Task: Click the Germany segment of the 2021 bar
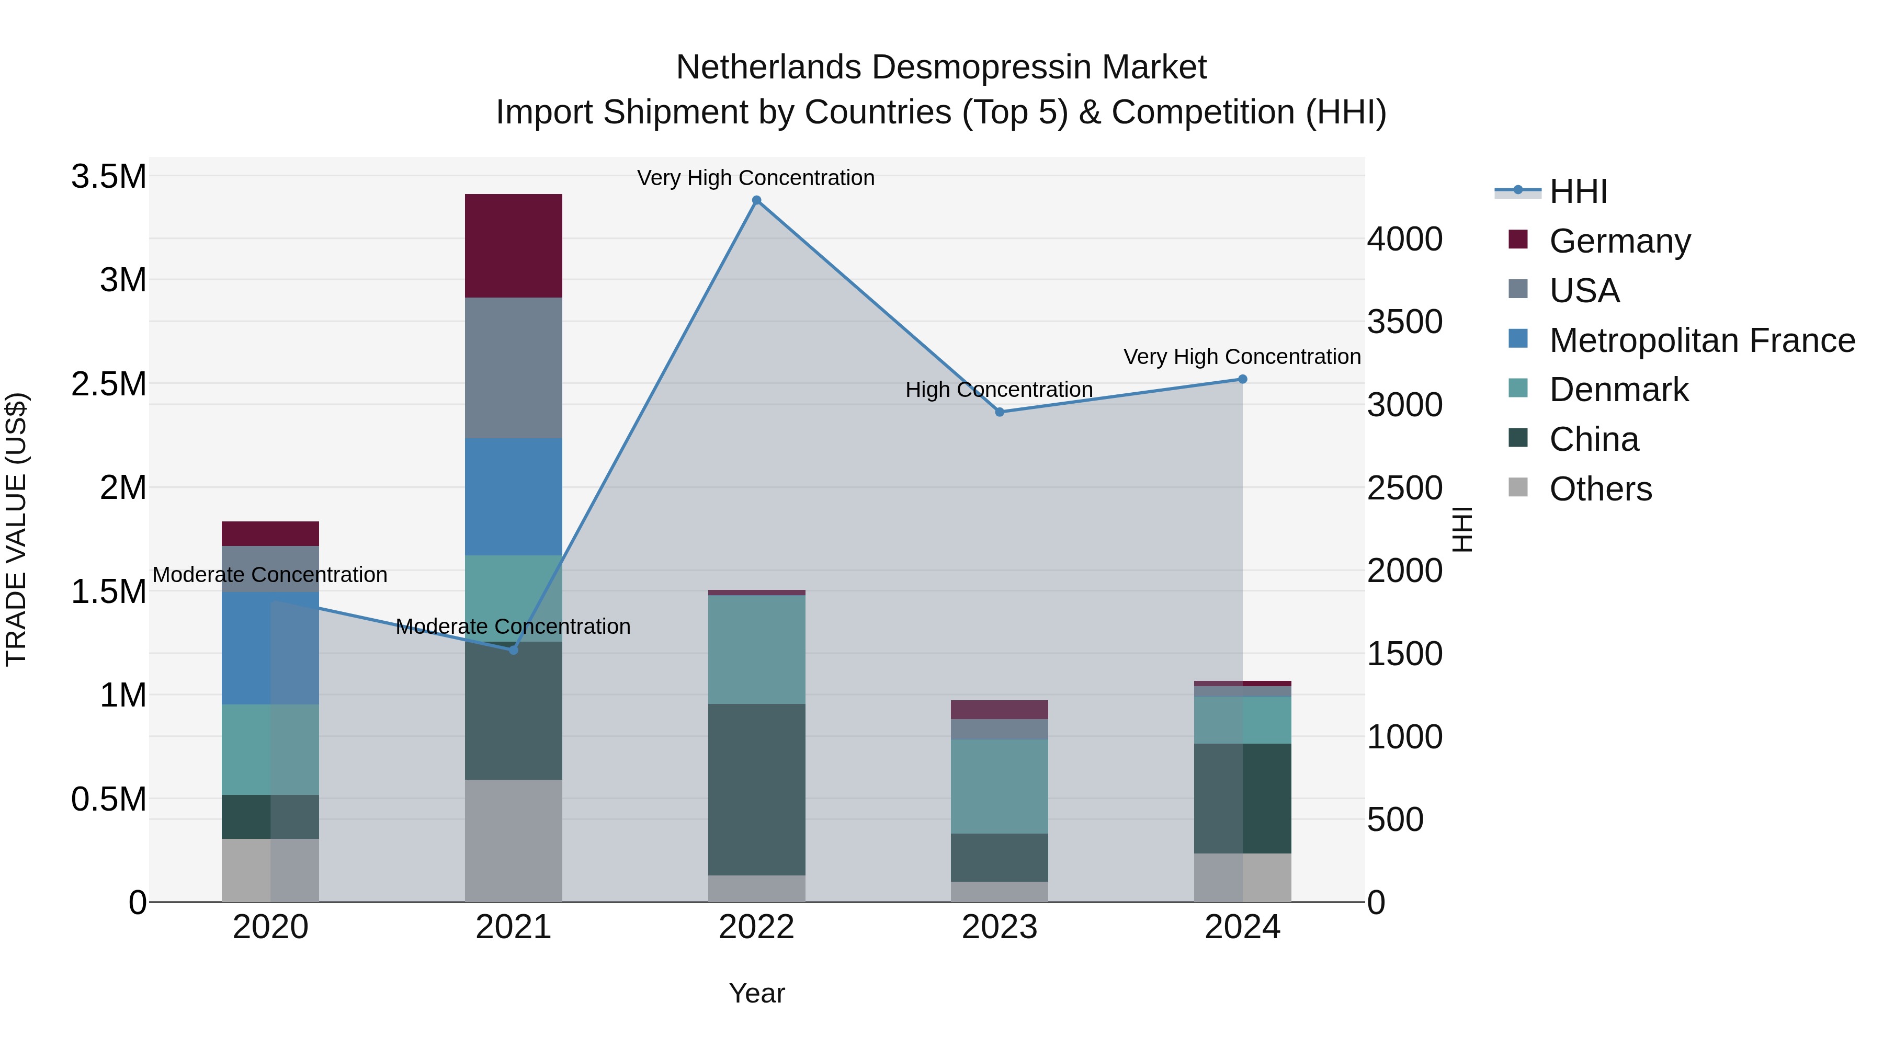click(513, 246)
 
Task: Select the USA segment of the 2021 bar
click(513, 368)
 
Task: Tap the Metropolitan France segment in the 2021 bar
click(513, 496)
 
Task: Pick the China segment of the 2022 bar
click(756, 789)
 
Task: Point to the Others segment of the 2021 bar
click(513, 840)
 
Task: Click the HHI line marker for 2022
click(756, 200)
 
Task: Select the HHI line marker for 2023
click(999, 412)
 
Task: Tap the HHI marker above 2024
click(1242, 379)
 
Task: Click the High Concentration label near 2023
click(999, 390)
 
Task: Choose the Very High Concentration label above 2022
click(755, 178)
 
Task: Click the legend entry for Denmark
click(1618, 390)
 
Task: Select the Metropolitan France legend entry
click(1701, 340)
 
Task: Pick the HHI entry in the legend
click(1578, 191)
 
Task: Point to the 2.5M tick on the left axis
click(108, 384)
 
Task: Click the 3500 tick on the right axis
click(1404, 322)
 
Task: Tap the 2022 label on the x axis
click(756, 927)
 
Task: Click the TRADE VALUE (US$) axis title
click(16, 529)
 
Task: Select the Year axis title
click(756, 993)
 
